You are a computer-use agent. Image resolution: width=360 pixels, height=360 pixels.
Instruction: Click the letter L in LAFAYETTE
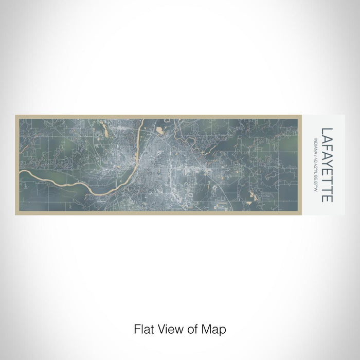point(328,131)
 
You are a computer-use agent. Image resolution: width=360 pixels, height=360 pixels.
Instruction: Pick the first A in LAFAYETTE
point(328,138)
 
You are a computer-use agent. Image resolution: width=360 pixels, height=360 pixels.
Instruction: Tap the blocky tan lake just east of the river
point(160,131)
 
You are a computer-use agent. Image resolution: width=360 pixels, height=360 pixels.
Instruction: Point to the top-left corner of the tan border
point(16,116)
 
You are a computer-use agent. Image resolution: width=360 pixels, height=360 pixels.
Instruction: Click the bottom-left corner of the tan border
point(16,214)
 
